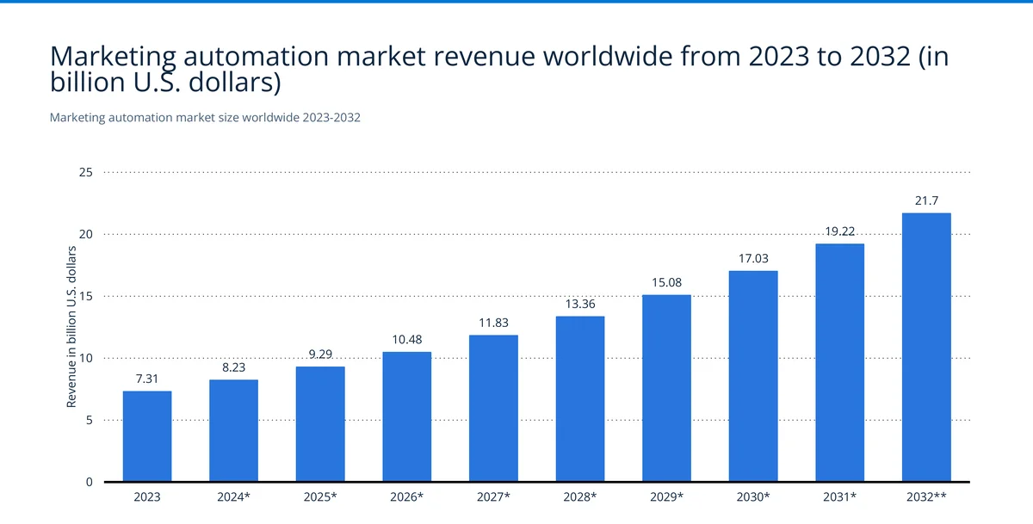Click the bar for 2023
pos(147,436)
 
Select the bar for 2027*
pos(493,408)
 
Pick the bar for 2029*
pos(666,388)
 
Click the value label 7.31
pos(147,379)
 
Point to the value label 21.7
pos(926,200)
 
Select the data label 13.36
pos(579,305)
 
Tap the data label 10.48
pos(406,340)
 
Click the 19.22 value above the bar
pos(839,231)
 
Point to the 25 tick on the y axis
pos(85,172)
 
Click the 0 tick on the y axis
pos(89,482)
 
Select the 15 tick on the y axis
pos(85,296)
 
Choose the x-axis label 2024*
pos(233,497)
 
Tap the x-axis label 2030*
pos(753,497)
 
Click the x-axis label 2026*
pos(406,497)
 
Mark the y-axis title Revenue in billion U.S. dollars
pos(72,327)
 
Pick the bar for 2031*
pos(839,362)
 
